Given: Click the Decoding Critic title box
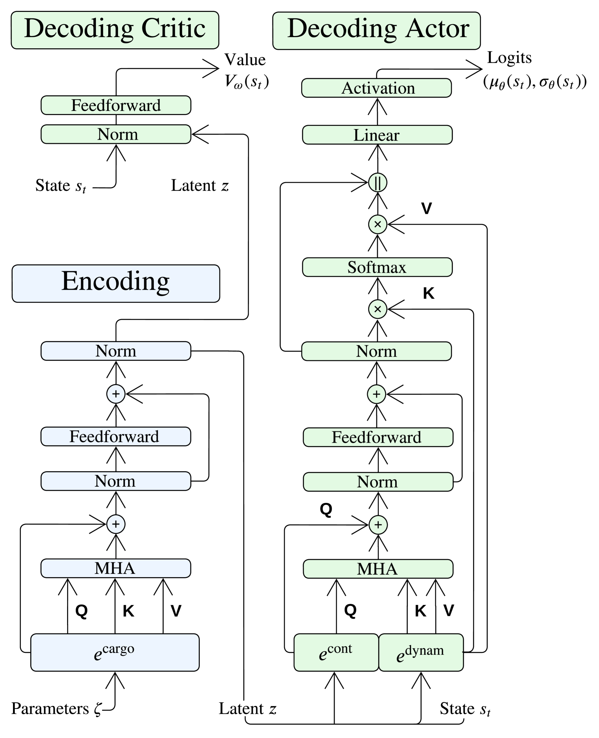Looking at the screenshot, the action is point(115,30).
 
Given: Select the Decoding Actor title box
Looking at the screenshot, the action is point(376,31).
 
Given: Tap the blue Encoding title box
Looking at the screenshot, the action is point(116,283).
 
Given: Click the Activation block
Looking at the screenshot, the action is point(376,88).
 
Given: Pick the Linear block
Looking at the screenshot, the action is point(377,135).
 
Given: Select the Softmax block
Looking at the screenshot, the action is point(377,267).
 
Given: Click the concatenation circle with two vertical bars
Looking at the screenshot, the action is point(378,182).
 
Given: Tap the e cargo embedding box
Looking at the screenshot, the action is point(115,652).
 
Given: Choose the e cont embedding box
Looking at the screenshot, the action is point(336,652).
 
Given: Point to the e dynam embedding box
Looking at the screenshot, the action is point(421,652).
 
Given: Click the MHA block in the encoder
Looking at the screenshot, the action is point(116,568).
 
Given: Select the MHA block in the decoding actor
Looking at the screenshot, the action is point(378,569).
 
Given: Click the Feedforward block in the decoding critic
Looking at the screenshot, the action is point(116,105).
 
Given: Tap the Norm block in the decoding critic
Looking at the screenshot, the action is point(116,134).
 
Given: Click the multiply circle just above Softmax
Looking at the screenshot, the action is point(378,224).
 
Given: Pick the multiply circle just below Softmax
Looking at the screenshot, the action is point(378,309).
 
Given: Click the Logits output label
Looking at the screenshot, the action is point(509,58).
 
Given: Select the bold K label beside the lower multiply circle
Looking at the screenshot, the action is point(428,294).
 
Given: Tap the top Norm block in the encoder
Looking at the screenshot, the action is point(116,351).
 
